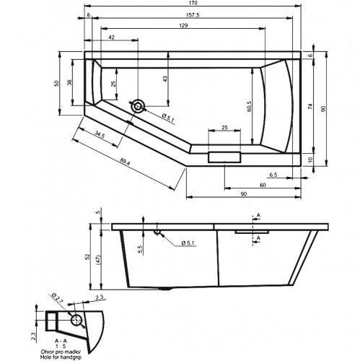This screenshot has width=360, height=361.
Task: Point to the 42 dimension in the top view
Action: coord(112,37)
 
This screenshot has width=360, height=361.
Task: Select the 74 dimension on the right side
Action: coord(310,107)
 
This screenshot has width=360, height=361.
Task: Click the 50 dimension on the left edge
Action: coord(57,83)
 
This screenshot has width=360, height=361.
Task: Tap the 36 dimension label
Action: coord(71,82)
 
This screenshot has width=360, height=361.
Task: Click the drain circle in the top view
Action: coord(137,105)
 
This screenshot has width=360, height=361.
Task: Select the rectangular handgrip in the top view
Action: coord(224,157)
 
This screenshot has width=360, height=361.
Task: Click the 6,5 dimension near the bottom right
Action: coord(273,175)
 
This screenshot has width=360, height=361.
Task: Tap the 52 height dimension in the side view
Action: coord(88,256)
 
